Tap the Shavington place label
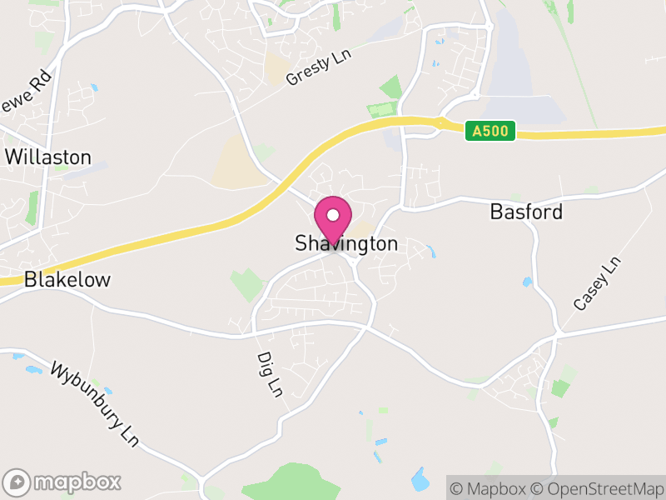tap(346, 244)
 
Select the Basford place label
tap(526, 212)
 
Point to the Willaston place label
tap(47, 157)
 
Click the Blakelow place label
tap(67, 280)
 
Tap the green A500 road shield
tap(490, 131)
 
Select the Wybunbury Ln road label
tap(94, 403)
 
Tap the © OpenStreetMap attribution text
tap(598, 487)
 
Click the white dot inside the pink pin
tap(332, 215)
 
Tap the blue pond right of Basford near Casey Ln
tap(527, 282)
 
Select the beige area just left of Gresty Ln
tap(276, 69)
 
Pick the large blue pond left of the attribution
tap(420, 479)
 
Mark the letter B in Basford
tap(497, 212)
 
